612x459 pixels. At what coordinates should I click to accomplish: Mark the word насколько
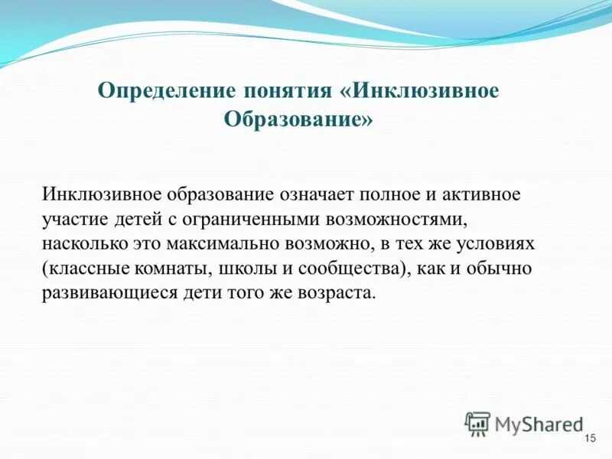tap(80, 244)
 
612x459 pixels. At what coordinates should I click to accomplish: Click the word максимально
tap(227, 244)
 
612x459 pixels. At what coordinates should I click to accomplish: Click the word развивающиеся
tap(105, 294)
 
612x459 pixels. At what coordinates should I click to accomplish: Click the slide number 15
tap(589, 438)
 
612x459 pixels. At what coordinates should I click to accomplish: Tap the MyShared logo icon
tap(478, 423)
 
